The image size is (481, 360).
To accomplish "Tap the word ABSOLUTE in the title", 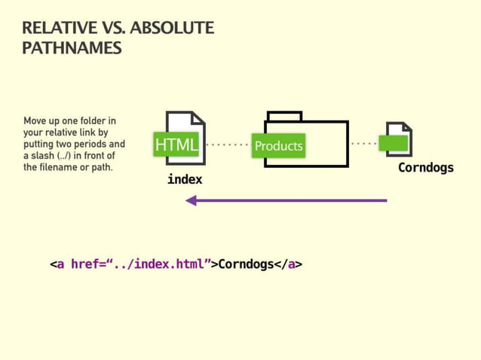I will click(172, 29).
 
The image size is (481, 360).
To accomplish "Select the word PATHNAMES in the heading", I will click(72, 48).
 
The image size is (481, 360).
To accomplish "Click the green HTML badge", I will click(176, 145).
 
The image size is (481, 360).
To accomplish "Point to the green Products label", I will click(278, 145).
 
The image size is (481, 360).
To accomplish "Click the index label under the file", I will click(185, 180).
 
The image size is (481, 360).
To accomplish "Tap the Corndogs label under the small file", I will click(426, 167).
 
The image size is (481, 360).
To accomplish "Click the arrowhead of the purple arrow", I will click(191, 200).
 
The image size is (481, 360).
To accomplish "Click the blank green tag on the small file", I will click(394, 142).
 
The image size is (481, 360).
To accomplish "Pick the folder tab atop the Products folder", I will click(284, 116).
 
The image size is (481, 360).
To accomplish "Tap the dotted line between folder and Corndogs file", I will click(363, 142).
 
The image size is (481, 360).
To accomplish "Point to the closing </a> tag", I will click(288, 264).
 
